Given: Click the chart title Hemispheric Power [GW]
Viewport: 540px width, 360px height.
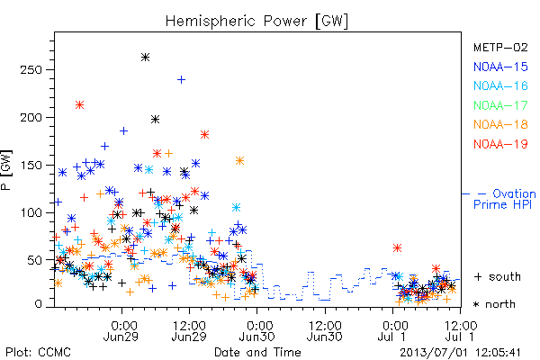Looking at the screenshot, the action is click(x=256, y=21).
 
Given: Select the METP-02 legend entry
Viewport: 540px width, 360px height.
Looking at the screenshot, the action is click(x=500, y=47).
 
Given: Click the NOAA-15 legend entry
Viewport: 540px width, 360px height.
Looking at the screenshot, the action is click(x=500, y=67).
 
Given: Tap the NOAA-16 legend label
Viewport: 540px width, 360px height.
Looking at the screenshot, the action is click(x=500, y=85).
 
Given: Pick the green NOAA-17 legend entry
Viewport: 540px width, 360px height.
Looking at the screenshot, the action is click(x=500, y=105).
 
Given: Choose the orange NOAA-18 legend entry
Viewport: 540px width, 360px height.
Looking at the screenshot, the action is click(x=500, y=124).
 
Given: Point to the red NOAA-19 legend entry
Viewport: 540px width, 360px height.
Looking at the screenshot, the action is click(x=500, y=144).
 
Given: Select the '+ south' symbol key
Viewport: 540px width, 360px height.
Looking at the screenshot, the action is click(x=498, y=276).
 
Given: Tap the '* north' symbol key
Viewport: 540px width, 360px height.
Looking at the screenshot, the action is click(x=494, y=304).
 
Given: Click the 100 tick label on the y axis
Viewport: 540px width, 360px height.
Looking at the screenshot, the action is click(x=31, y=212).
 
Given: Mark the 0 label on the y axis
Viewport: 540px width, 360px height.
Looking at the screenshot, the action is click(x=38, y=304).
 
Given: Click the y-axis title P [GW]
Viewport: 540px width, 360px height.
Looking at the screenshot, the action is click(x=6, y=170).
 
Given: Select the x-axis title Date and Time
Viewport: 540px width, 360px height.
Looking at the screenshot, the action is click(x=257, y=352).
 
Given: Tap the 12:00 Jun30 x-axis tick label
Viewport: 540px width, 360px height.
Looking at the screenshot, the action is click(x=324, y=331).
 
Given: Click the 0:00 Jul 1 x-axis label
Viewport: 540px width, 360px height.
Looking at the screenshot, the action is click(x=392, y=331).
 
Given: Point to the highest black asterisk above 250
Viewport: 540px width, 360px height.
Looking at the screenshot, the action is click(x=145, y=58).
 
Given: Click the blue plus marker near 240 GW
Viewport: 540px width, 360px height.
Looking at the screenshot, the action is click(x=181, y=80).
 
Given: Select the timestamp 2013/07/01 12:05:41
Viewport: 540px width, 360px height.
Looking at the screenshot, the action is click(x=460, y=353).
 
